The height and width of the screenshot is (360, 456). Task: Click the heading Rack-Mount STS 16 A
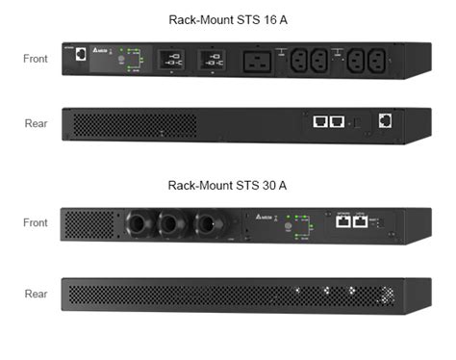click(227, 19)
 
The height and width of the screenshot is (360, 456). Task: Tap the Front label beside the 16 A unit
click(36, 59)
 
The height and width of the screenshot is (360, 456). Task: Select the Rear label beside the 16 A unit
click(36, 123)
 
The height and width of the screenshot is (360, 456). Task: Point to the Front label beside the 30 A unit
click(36, 222)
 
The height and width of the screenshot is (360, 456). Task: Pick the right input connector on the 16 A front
click(212, 62)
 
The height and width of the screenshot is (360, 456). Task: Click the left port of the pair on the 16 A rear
click(318, 123)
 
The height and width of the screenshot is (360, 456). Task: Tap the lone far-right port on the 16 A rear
click(386, 120)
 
